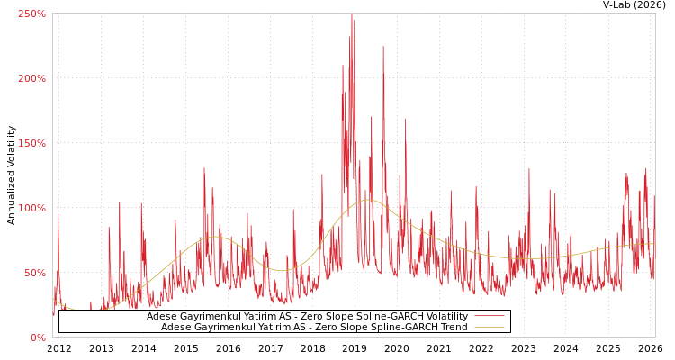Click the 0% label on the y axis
(x=38, y=337)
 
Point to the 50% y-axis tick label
(x=35, y=273)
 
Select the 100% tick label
(x=31, y=208)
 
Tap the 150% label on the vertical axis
(x=31, y=143)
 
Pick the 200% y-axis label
(x=31, y=78)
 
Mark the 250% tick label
(x=31, y=13)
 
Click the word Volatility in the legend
(x=446, y=316)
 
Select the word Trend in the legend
(x=453, y=327)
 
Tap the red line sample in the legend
(x=489, y=316)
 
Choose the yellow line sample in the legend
(x=489, y=327)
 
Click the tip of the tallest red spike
(x=352, y=13)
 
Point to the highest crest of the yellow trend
(x=368, y=200)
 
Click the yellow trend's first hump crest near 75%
(x=216, y=237)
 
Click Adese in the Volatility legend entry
(x=161, y=316)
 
